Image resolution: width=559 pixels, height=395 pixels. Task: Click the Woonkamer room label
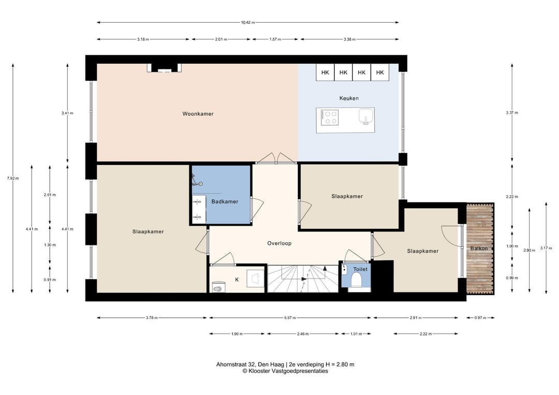coord(198,114)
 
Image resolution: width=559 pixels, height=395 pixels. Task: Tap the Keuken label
coord(349,98)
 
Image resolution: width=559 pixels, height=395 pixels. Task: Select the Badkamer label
coord(225,201)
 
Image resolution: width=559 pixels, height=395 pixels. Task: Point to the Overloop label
coord(279,243)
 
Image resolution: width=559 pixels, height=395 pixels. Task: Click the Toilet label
coord(360,269)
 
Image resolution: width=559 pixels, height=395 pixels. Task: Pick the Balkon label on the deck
coord(479,248)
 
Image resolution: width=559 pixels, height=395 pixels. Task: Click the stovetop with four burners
coord(329,118)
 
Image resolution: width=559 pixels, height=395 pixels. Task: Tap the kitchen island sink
coord(365,116)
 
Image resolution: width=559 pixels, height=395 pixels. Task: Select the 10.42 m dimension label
coord(248,22)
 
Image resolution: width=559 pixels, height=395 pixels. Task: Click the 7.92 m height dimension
coord(13,178)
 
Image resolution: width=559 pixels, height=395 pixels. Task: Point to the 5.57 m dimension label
coord(290,318)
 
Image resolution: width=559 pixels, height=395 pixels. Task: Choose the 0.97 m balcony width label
coord(480,318)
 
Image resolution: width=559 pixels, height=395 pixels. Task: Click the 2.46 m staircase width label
coord(303,334)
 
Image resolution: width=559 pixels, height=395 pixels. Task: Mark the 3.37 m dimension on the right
coord(512,113)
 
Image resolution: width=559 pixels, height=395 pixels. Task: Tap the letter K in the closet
coord(237,280)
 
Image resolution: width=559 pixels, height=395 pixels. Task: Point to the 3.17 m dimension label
coord(546,248)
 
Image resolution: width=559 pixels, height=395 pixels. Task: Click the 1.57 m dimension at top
coord(275,39)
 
